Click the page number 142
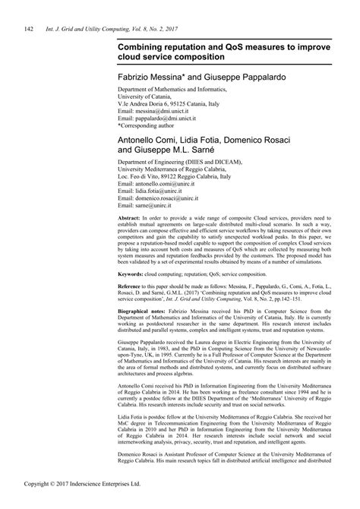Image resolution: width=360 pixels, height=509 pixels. tap(29, 30)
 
